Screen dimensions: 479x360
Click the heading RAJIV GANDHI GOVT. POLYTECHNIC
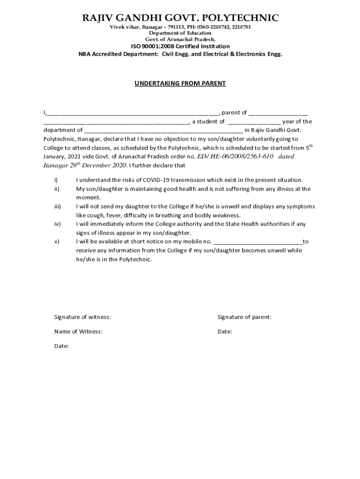pyautogui.click(x=180, y=18)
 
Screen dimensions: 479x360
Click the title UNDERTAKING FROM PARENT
pyautogui.click(x=180, y=83)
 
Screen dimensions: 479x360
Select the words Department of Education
pyautogui.click(x=180, y=33)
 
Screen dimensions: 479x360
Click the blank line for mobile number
pyautogui.click(x=258, y=242)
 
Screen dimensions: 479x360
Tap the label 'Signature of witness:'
pyautogui.click(x=83, y=317)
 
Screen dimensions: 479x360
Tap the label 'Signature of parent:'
pyautogui.click(x=244, y=317)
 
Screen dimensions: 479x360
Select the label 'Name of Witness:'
pyautogui.click(x=78, y=332)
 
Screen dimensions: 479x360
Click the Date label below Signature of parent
pyautogui.click(x=224, y=332)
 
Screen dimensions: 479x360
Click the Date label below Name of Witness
pyautogui.click(x=62, y=346)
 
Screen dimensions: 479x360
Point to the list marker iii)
pyautogui.click(x=58, y=206)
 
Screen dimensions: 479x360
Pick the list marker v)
pyautogui.click(x=57, y=241)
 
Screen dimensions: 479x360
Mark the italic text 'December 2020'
pyautogui.click(x=106, y=165)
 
